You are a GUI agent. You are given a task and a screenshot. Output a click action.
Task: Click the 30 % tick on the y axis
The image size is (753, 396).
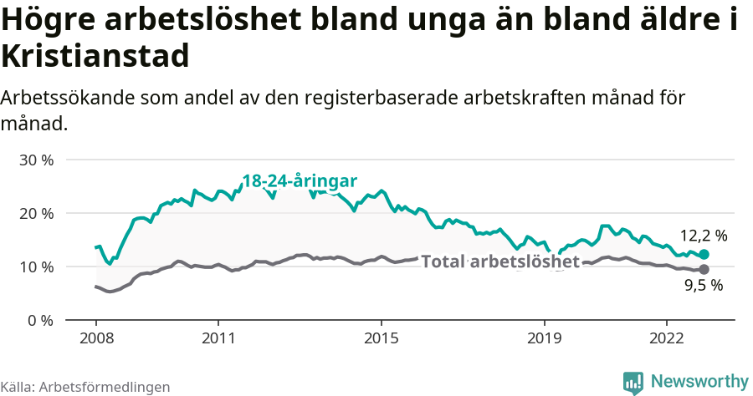pos(36,160)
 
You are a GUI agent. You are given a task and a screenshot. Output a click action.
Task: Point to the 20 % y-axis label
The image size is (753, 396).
pos(36,213)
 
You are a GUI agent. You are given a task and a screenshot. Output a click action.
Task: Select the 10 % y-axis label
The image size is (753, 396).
pos(36,267)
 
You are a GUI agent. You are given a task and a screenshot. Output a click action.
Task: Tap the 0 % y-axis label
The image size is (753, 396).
pos(39,320)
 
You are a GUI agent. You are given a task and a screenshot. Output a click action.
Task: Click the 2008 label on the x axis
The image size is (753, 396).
pos(95,338)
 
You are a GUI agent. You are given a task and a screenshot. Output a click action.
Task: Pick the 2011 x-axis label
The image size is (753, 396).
pos(218,338)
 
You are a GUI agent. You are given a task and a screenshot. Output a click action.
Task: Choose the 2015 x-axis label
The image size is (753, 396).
pos(382,338)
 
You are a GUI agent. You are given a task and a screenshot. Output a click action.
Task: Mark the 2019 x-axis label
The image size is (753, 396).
pos(545,338)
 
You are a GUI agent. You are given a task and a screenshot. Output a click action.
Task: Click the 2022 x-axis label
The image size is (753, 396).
pos(667,338)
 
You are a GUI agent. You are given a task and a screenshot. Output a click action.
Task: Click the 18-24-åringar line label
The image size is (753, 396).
pos(300,181)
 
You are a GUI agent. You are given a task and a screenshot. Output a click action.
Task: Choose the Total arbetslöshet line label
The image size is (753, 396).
pos(500,261)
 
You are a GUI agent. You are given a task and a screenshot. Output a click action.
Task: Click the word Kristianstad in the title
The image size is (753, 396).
pos(95,56)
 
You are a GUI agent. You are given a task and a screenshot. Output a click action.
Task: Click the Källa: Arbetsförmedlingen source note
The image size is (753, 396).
pos(85,387)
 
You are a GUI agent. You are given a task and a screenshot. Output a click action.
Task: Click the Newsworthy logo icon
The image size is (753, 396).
pos(633,382)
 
